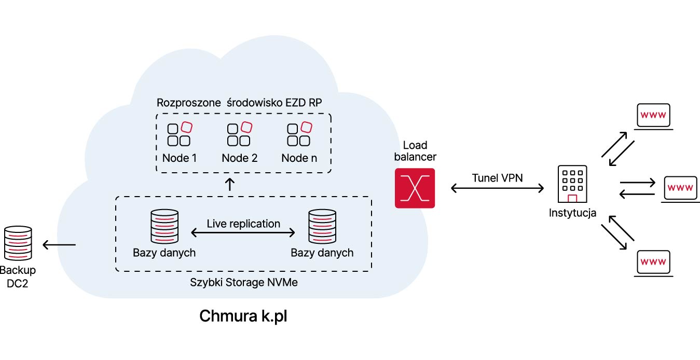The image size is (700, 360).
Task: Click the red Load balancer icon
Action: click(x=415, y=188)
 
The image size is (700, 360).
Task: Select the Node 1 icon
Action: click(x=180, y=134)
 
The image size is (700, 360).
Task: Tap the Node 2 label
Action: click(x=239, y=158)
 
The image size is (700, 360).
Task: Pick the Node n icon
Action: click(x=299, y=134)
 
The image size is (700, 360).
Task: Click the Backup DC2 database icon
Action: click(x=18, y=243)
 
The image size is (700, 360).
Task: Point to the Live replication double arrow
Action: click(x=243, y=232)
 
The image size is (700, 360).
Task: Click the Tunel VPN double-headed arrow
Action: click(x=497, y=188)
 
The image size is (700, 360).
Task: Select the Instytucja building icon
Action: click(x=572, y=184)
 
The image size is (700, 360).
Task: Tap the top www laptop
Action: click(x=653, y=117)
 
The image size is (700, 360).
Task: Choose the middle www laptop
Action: click(x=680, y=189)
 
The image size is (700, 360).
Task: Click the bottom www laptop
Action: click(x=653, y=264)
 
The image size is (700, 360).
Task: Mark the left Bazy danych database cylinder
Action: click(x=164, y=226)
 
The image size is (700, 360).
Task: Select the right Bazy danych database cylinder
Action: click(x=322, y=226)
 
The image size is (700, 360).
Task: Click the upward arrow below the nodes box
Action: click(x=230, y=184)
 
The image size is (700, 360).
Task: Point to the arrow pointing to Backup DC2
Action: click(x=59, y=245)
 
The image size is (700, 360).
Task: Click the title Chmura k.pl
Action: click(x=243, y=316)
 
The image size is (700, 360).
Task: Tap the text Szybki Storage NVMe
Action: click(x=244, y=282)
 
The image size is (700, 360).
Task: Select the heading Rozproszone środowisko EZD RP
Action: click(x=239, y=103)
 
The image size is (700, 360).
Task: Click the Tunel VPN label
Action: click(x=497, y=178)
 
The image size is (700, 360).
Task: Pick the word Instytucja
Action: click(x=572, y=213)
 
